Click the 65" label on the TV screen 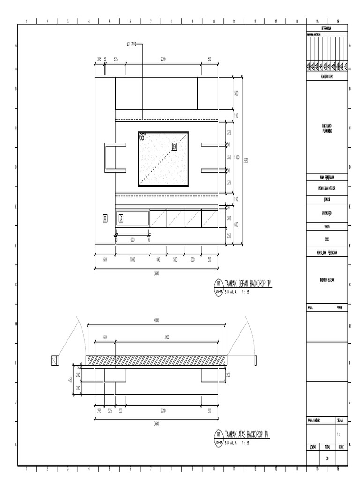[142, 137]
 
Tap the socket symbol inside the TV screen [175, 147]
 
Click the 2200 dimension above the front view [163, 59]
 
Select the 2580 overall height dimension [246, 160]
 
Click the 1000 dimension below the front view [133, 259]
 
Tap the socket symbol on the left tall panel [105, 217]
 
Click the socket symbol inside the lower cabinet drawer [120, 217]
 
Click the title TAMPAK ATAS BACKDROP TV [247, 434]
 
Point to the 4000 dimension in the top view [157, 320]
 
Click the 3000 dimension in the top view [167, 337]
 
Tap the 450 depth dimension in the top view [71, 380]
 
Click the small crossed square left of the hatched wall [55, 360]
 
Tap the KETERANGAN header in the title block [327, 29]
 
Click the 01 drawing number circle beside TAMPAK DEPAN [218, 283]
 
